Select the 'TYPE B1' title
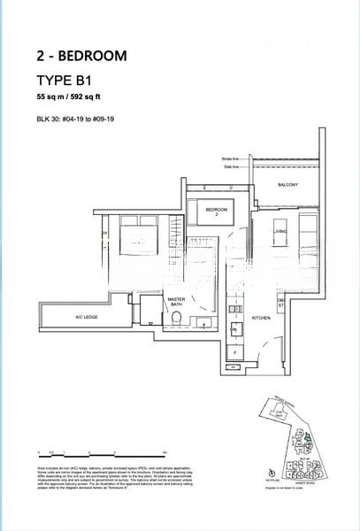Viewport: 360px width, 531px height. click(x=67, y=80)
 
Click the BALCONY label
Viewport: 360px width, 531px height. click(x=287, y=184)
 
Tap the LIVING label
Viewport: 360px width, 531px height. click(x=281, y=232)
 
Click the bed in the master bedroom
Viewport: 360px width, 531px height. click(x=134, y=242)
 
